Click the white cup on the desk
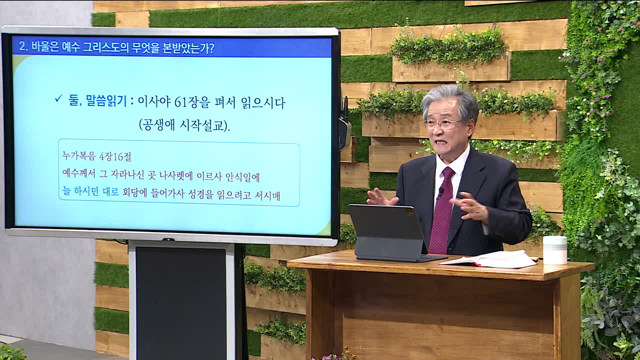(555, 250)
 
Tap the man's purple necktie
(441, 211)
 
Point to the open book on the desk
(488, 259)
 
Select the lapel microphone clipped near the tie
(440, 192)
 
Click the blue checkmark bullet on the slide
(58, 98)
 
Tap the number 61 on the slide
(180, 102)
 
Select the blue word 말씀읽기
(97, 101)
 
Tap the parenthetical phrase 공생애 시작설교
(184, 125)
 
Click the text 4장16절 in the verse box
(115, 156)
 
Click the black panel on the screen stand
(181, 303)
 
